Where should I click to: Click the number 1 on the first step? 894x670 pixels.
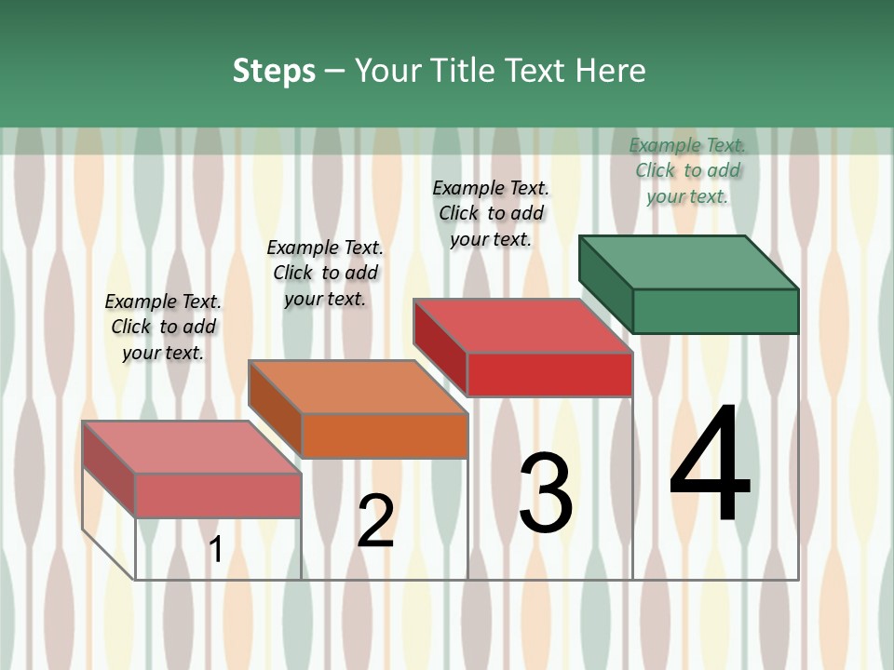pyautogui.click(x=215, y=550)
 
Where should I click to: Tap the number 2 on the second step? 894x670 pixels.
pyautogui.click(x=375, y=521)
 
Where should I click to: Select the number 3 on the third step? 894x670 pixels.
pyautogui.click(x=546, y=492)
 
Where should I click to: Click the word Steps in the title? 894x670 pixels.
pyautogui.click(x=274, y=71)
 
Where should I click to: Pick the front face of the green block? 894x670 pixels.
pyautogui.click(x=715, y=311)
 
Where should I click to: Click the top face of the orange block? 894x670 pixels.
pyautogui.click(x=358, y=386)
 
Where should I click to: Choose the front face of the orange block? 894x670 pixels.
pyautogui.click(x=385, y=435)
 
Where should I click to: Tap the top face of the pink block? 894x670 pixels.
pyautogui.click(x=191, y=447)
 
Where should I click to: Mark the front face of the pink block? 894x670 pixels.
pyautogui.click(x=218, y=495)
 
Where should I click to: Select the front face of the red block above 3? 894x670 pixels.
pyautogui.click(x=549, y=374)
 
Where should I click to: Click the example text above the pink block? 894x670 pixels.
pyautogui.click(x=163, y=327)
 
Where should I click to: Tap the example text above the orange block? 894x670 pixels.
pyautogui.click(x=325, y=273)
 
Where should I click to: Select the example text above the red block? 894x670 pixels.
pyautogui.click(x=491, y=213)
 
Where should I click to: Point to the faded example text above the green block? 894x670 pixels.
pyautogui.click(x=687, y=170)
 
